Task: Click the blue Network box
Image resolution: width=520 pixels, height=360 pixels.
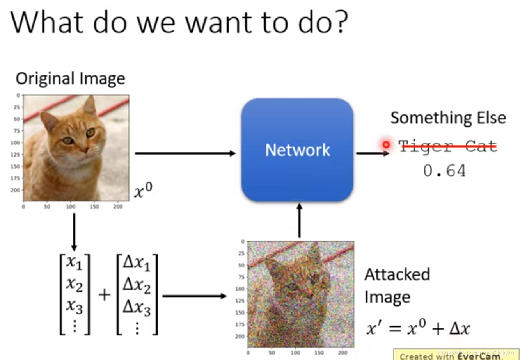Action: (x=297, y=150)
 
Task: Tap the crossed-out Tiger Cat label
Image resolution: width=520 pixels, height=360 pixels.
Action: (x=448, y=146)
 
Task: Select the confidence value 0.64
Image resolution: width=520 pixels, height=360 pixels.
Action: (x=444, y=171)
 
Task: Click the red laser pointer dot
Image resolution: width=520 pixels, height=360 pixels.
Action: (x=386, y=144)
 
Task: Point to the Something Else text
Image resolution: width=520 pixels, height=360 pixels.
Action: (x=448, y=118)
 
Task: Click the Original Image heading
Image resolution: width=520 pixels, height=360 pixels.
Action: (x=70, y=78)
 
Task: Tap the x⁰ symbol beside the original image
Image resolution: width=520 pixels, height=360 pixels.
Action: (x=143, y=191)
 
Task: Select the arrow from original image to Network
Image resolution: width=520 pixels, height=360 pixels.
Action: (x=185, y=153)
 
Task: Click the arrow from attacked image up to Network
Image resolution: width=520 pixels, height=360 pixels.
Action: (x=299, y=220)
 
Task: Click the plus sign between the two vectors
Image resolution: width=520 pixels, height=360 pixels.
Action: (x=104, y=295)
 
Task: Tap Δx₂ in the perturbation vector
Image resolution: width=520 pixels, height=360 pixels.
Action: (x=137, y=286)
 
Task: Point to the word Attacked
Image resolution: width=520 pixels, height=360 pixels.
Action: (x=397, y=274)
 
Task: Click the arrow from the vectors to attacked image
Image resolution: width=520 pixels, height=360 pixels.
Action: (x=194, y=296)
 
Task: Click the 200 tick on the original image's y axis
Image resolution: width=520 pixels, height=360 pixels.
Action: (x=16, y=190)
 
